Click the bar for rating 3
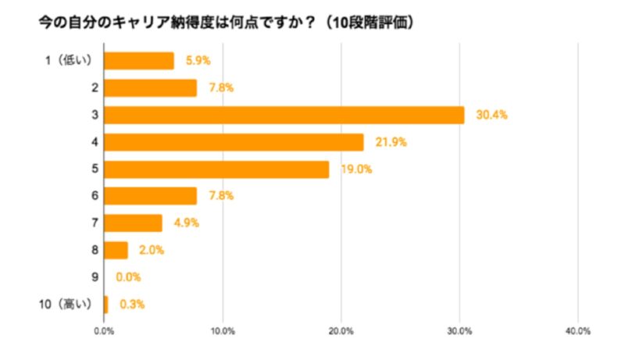point(284,115)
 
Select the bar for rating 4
point(234,142)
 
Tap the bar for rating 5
point(216,169)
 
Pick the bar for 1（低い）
point(138,60)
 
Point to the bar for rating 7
point(133,223)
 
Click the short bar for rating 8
point(116,250)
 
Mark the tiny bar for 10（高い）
point(105,305)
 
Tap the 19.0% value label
point(355,169)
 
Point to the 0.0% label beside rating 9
point(128,277)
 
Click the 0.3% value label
point(132,305)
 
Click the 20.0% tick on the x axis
point(341,331)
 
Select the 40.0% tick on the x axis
point(578,331)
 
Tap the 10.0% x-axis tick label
point(223,331)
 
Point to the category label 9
point(94,277)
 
